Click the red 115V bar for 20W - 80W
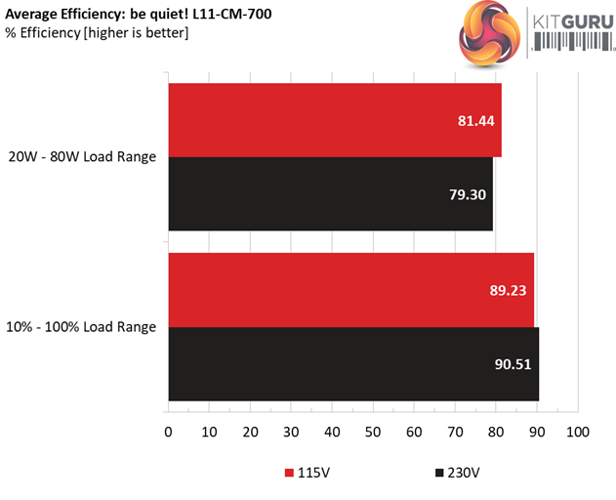[x=335, y=120]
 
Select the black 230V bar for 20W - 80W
[x=330, y=194]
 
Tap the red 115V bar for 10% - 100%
[x=351, y=290]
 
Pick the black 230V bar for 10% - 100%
[x=353, y=364]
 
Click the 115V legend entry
[x=310, y=474]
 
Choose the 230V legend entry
[x=455, y=474]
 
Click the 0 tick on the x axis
[x=169, y=432]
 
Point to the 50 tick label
[x=373, y=432]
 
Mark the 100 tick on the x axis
[x=578, y=432]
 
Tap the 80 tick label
[x=496, y=432]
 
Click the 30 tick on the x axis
[x=291, y=432]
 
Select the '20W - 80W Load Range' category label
[x=82, y=157]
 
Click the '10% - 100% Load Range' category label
[x=81, y=327]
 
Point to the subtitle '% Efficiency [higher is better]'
[x=97, y=33]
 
